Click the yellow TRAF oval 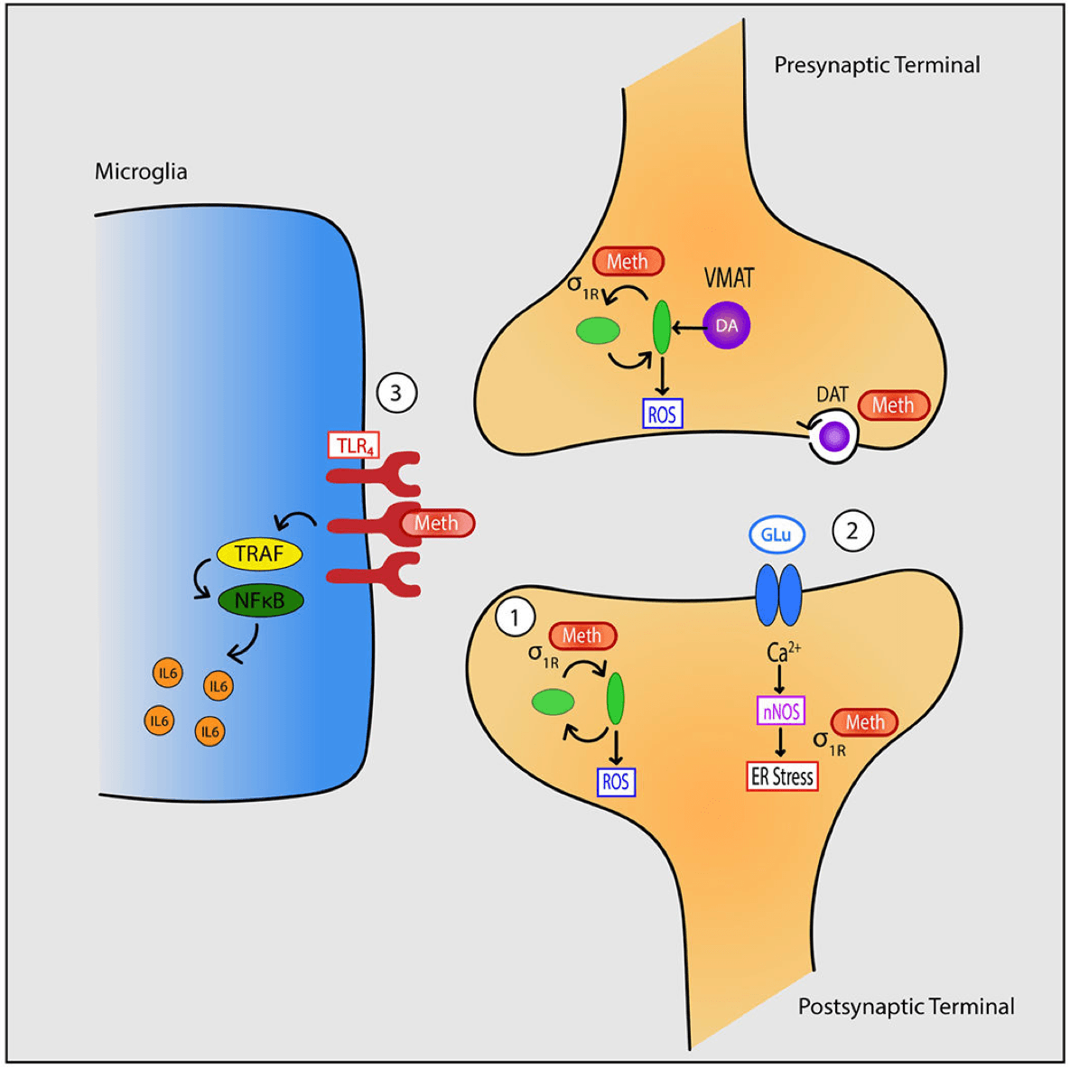259,553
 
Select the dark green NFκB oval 260,600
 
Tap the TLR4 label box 353,445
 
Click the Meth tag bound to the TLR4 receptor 437,524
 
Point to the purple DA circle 726,325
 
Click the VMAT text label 729,278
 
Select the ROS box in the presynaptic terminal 662,414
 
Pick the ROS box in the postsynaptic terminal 616,782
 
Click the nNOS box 781,711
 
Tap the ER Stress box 782,776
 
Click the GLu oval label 777,535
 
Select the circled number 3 395,394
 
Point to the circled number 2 851,531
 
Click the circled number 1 516,618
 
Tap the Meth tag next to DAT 893,406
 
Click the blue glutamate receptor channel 778,595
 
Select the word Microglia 141,172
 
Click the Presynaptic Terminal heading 877,65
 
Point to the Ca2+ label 782,651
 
